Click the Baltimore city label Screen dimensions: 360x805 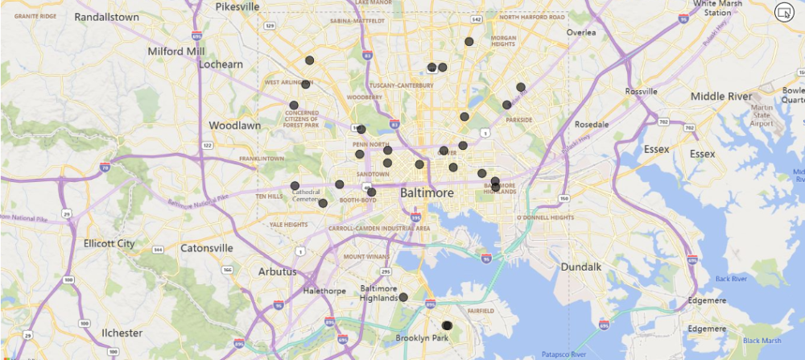coord(427,193)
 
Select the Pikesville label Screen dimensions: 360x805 coord(237,6)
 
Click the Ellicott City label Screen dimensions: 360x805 coord(109,243)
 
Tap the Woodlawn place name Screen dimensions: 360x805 coord(235,126)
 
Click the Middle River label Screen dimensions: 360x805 coord(720,97)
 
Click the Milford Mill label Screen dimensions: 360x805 coord(176,51)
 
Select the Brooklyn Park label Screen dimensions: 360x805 coord(421,338)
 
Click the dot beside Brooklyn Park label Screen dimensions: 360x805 coord(448,325)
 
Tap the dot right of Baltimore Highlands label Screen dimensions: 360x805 coord(404,297)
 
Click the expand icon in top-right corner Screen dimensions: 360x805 coord(782,11)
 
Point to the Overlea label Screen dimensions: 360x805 coord(580,32)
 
